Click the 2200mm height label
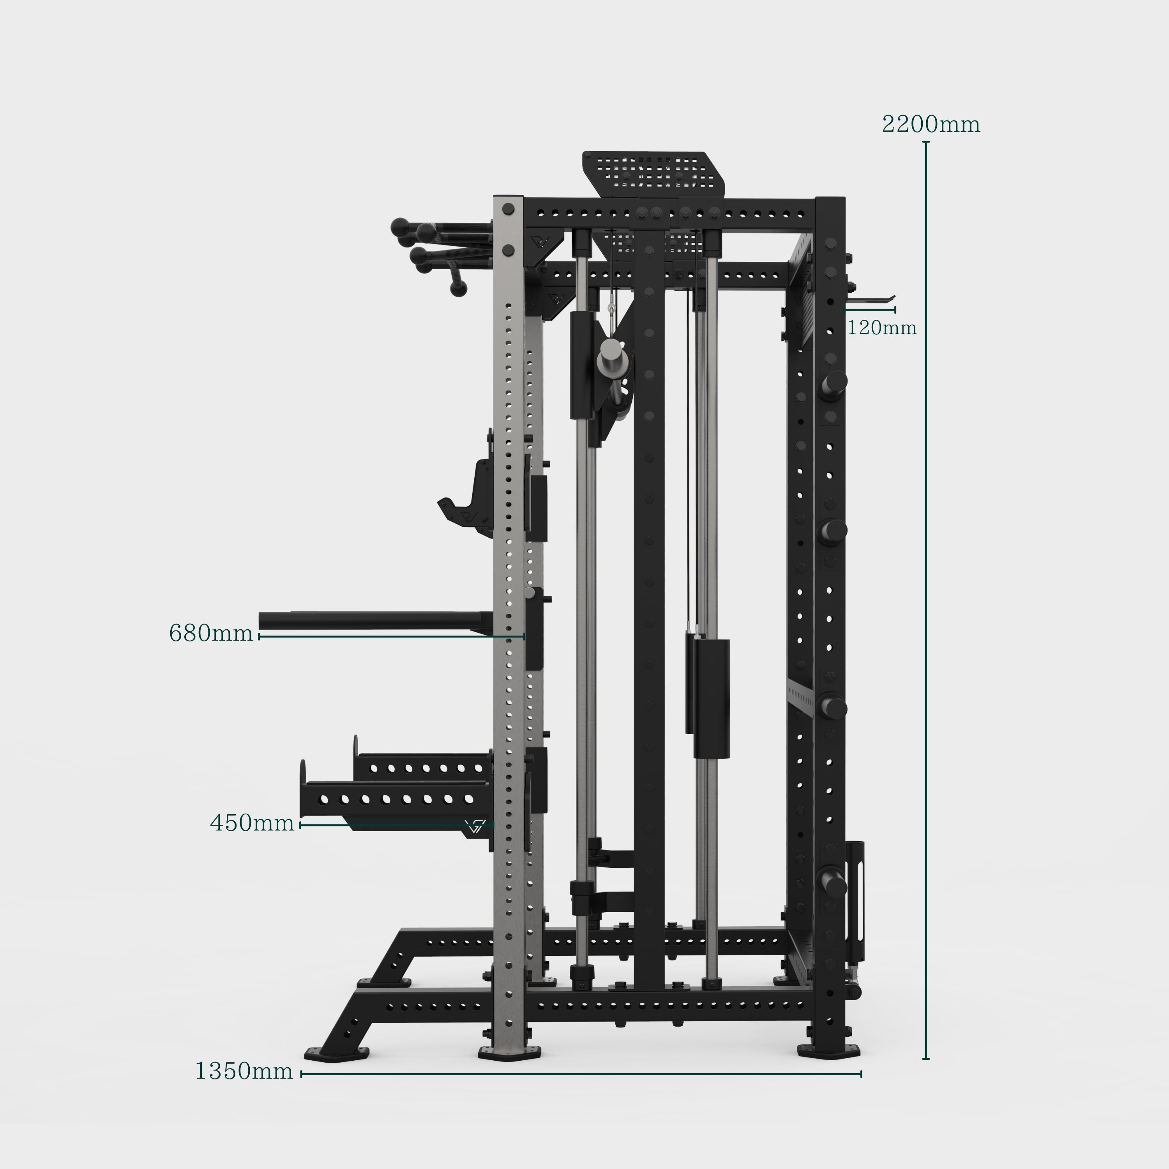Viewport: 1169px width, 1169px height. (x=931, y=124)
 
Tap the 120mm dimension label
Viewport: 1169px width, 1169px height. (x=881, y=328)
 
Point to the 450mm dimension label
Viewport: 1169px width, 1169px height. (x=252, y=823)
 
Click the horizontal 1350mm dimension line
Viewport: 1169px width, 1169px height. (x=581, y=1074)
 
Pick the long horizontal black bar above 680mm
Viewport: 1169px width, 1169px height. (x=376, y=620)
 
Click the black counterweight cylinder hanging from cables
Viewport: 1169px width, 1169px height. (x=711, y=698)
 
